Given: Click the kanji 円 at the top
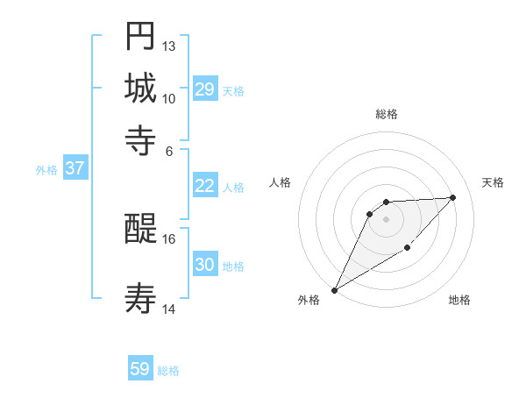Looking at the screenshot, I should pyautogui.click(x=140, y=37).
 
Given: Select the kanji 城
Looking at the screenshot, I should pyautogui.click(x=140, y=88).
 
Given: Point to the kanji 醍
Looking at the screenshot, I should pyautogui.click(x=140, y=230).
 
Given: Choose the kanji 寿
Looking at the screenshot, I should pyautogui.click(x=140, y=298).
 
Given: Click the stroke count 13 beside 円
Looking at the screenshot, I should pyautogui.click(x=169, y=46).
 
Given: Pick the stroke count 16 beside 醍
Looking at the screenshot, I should pyautogui.click(x=169, y=238).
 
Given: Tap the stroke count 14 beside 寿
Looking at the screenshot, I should pyautogui.click(x=169, y=309).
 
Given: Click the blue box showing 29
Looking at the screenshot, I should pyautogui.click(x=205, y=89).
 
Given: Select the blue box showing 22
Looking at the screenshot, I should pyautogui.click(x=205, y=186).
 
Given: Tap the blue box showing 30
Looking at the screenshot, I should pyautogui.click(x=205, y=265).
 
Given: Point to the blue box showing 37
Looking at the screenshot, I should pyautogui.click(x=75, y=169).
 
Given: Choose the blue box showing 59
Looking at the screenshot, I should pyautogui.click(x=140, y=369).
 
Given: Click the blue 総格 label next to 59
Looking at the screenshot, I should pyautogui.click(x=169, y=371).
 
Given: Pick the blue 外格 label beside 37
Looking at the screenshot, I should pyautogui.click(x=46, y=170).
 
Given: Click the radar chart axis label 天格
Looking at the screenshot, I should pyautogui.click(x=493, y=182).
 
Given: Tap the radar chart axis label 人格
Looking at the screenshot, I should pyautogui.click(x=281, y=182).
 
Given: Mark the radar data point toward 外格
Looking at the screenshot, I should pyautogui.click(x=335, y=290).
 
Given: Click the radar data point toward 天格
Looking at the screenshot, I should pyautogui.click(x=452, y=197).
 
